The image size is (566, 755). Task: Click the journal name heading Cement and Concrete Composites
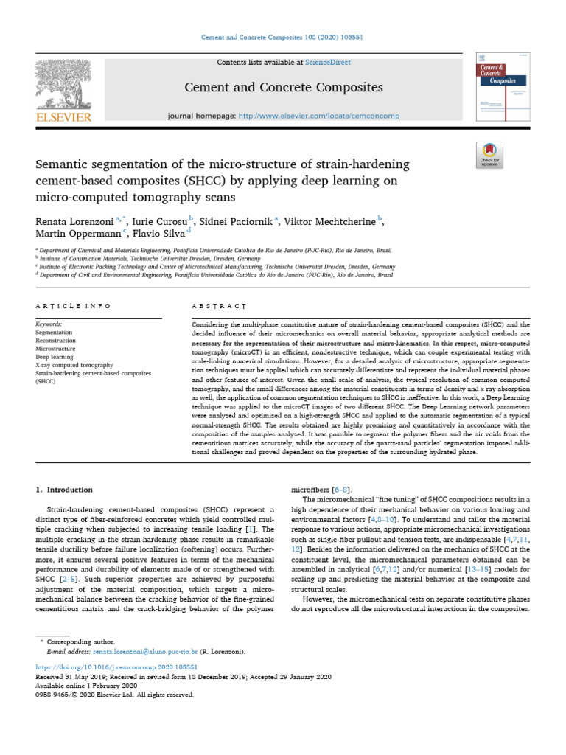click(x=284, y=88)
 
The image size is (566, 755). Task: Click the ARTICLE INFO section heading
click(x=74, y=305)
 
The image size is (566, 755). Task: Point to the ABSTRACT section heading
click(x=218, y=305)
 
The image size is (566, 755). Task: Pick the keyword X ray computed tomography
click(x=75, y=365)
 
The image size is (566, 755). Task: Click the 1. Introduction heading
click(x=65, y=490)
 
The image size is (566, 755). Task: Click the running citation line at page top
click(x=282, y=38)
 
